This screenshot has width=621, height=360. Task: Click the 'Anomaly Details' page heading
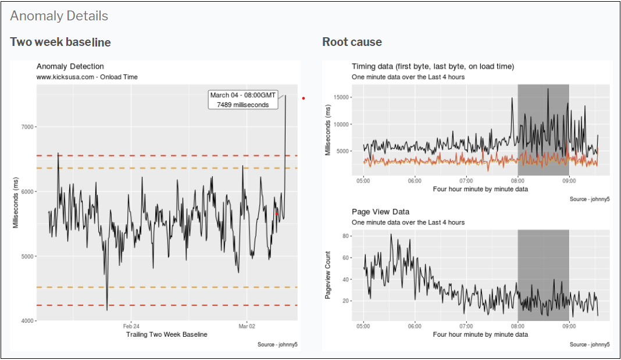[59, 16]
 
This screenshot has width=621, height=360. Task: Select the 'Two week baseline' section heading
[60, 42]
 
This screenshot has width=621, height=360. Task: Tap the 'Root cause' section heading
[352, 42]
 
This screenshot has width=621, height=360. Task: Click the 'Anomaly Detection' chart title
[70, 66]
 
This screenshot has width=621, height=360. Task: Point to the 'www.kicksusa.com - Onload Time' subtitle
[87, 77]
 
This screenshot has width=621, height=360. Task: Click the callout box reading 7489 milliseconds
[242, 99]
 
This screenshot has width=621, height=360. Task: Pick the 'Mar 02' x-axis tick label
[247, 326]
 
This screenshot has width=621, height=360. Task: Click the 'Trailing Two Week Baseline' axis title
[166, 334]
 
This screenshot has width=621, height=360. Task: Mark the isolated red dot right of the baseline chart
[304, 98]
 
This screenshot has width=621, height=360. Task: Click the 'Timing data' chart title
[433, 66]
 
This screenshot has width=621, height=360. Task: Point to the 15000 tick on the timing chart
[339, 97]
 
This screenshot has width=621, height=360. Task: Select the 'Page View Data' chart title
[380, 212]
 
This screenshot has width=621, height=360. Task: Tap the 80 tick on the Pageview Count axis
[344, 236]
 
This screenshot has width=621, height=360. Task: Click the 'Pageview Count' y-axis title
[328, 275]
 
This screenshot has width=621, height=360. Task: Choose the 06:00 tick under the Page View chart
[415, 326]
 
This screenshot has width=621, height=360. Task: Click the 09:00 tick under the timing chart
[569, 180]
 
